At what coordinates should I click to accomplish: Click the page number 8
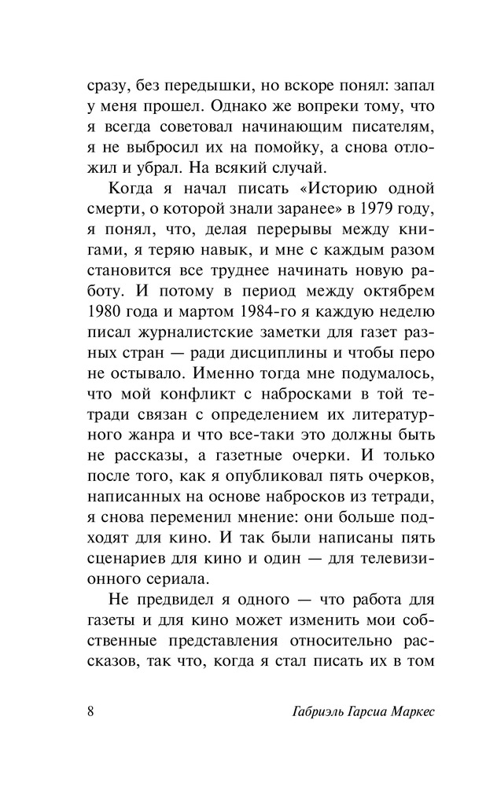[91, 713]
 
